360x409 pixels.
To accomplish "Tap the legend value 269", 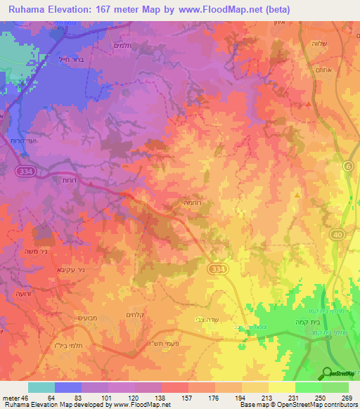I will pyautogui.click(x=347, y=398).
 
